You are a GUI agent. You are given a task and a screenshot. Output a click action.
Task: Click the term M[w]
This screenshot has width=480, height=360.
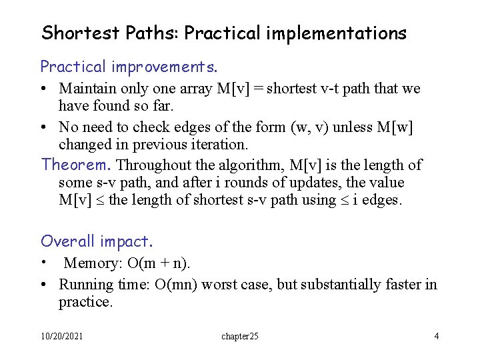click(396, 127)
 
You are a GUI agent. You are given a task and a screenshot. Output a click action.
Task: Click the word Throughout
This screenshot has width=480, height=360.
click(145, 165)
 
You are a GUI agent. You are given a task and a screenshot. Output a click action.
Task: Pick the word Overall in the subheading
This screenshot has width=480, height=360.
click(69, 241)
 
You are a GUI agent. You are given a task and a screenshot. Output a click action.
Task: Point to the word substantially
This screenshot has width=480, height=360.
click(343, 285)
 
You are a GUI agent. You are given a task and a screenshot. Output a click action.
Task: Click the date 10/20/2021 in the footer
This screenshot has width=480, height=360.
click(62, 337)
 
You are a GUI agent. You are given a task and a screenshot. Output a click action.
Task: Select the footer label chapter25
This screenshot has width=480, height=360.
click(240, 337)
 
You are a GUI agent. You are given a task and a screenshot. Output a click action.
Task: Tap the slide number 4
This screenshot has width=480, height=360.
click(436, 337)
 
